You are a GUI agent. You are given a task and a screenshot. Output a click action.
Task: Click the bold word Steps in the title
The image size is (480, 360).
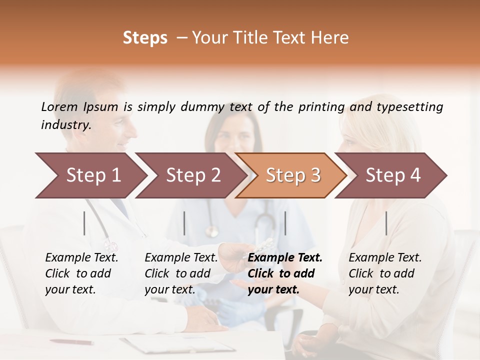(x=145, y=38)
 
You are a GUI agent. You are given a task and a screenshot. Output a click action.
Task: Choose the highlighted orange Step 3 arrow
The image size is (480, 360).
(x=293, y=175)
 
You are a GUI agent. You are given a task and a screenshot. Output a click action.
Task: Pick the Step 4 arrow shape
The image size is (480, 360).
(x=393, y=175)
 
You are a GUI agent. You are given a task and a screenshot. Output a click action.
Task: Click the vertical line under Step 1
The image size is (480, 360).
(x=84, y=223)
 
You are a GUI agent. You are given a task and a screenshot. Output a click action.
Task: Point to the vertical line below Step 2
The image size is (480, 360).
(x=184, y=223)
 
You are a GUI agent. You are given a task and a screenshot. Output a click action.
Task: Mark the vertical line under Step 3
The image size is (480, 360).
(x=285, y=223)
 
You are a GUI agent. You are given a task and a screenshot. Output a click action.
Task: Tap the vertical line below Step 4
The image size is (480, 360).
(x=386, y=223)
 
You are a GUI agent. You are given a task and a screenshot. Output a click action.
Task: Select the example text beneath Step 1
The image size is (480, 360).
(x=81, y=273)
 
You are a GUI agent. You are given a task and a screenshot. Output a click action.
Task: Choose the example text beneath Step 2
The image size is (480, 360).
(x=181, y=273)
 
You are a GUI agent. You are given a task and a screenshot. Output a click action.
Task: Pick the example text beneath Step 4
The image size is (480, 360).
(x=385, y=273)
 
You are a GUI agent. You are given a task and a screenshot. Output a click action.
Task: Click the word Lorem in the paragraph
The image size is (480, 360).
(x=59, y=106)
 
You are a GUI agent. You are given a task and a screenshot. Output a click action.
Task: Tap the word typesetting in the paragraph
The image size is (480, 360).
(x=409, y=107)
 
